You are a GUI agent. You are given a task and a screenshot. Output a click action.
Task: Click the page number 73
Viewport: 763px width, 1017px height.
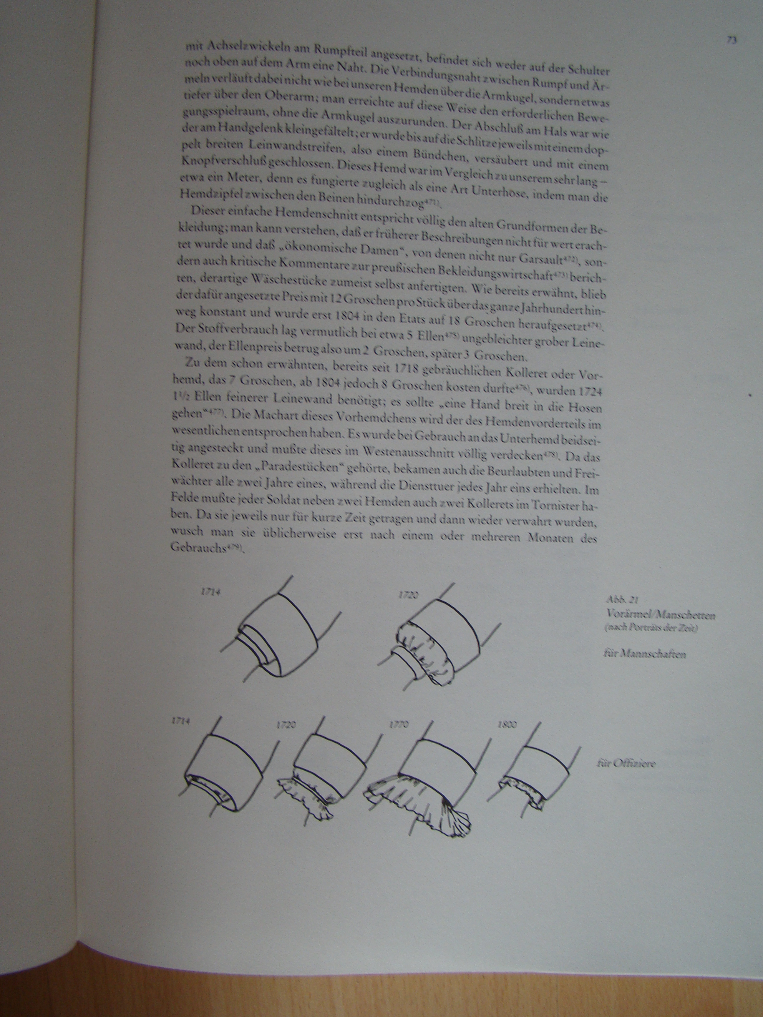point(732,40)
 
